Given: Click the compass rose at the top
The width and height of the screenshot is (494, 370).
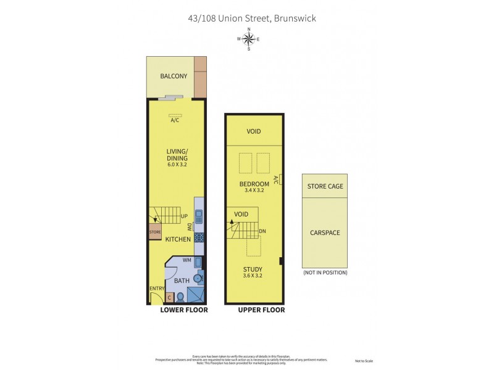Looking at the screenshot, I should (x=248, y=39).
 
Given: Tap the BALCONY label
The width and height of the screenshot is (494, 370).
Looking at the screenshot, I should (x=174, y=76).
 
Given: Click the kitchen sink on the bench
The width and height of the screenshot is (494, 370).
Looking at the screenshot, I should (x=199, y=216).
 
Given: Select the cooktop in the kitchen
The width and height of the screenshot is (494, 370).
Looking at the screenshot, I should (x=199, y=237).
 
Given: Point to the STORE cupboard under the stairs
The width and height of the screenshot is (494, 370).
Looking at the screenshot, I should (x=154, y=232).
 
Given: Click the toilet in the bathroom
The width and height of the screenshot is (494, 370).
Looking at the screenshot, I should (x=180, y=297).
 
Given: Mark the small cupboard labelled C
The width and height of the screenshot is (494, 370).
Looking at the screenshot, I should (x=170, y=298).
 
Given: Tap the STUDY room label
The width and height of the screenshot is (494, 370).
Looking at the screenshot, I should (x=253, y=269).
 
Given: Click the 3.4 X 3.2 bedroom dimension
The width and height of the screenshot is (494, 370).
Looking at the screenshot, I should (x=254, y=191).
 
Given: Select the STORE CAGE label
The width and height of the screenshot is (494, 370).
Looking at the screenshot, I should (x=325, y=186).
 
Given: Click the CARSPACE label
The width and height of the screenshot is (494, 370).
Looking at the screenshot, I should (x=325, y=233).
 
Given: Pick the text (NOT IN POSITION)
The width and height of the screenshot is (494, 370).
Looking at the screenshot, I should (x=325, y=273).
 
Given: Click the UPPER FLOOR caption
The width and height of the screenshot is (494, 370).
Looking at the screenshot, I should (x=261, y=310).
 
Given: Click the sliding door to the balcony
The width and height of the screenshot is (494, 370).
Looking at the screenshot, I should (x=170, y=97).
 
